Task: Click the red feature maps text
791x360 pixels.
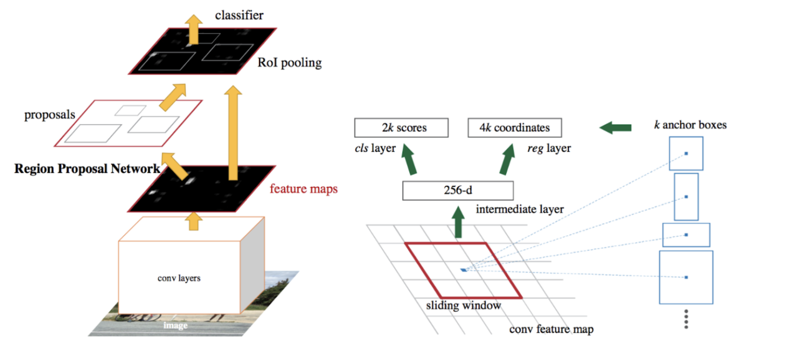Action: [x=304, y=189]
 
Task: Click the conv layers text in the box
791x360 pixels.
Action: [x=179, y=279]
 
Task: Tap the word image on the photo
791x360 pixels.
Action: [x=175, y=325]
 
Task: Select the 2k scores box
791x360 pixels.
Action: [x=401, y=128]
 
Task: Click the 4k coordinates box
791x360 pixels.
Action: [x=514, y=128]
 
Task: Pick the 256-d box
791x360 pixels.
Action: [x=458, y=191]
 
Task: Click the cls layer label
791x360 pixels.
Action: [x=375, y=149]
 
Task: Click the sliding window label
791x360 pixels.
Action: [x=463, y=305]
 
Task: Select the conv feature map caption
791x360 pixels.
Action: [x=551, y=329]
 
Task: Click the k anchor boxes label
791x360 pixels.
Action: [x=690, y=125]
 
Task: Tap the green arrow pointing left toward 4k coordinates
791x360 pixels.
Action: [x=615, y=127]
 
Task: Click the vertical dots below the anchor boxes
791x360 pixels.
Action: [x=685, y=319]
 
